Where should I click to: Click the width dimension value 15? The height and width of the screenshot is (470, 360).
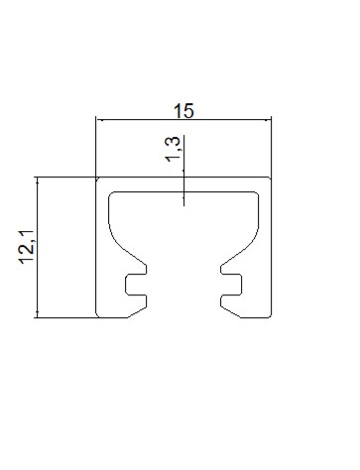[183, 111]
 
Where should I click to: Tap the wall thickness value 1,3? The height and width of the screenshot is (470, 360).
[173, 149]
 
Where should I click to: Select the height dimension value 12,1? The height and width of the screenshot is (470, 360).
[27, 247]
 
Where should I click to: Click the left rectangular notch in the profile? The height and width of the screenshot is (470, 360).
[136, 285]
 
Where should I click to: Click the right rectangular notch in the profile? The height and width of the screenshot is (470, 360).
[231, 285]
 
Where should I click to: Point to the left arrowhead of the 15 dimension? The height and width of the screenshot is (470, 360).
[98, 120]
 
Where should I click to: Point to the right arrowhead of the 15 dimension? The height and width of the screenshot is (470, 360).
[269, 120]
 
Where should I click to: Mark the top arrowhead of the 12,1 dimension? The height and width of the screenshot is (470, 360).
[38, 179]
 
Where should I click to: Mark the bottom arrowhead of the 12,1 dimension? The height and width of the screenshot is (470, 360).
[38, 314]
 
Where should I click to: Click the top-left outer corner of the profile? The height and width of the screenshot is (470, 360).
[96, 177]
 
